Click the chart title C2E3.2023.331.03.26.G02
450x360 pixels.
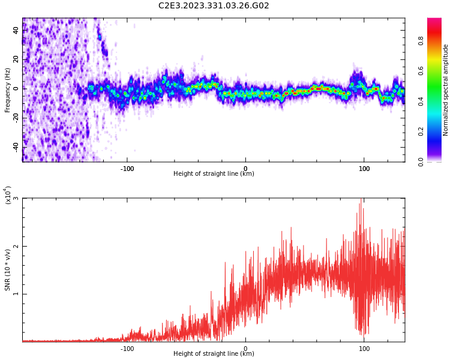(x=214, y=6)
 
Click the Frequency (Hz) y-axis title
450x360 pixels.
(x=8, y=89)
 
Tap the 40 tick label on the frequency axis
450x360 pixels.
(x=16, y=30)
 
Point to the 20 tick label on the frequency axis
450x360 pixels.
(x=16, y=59)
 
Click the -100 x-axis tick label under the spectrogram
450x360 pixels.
(x=127, y=169)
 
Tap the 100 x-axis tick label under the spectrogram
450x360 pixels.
(x=364, y=169)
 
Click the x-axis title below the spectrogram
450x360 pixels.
(x=214, y=174)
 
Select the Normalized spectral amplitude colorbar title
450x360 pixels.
(x=446, y=90)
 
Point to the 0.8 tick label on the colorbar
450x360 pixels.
(x=421, y=41)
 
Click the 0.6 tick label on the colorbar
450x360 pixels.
(x=421, y=71)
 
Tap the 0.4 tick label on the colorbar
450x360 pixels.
(x=421, y=101)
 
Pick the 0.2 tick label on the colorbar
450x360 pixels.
(x=421, y=131)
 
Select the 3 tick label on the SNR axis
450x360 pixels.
(x=16, y=199)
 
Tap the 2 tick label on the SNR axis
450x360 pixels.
(x=16, y=246)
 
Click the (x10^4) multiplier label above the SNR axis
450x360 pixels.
(x=8, y=195)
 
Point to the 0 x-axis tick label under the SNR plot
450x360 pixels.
(x=245, y=349)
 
